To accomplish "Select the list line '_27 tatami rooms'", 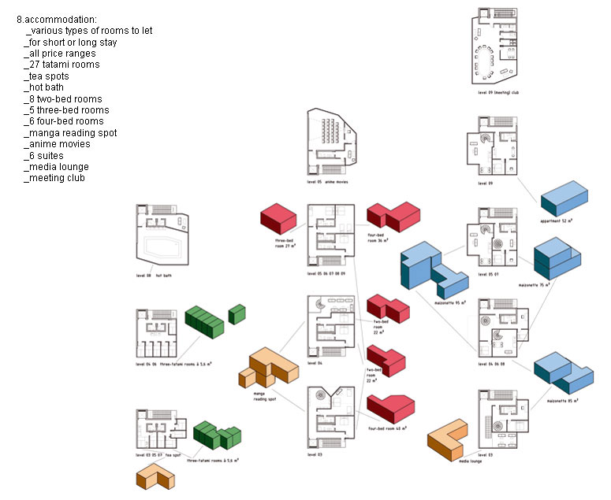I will [x=62, y=65].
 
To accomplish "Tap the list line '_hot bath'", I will [x=45, y=87].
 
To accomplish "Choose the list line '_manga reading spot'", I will [x=71, y=133].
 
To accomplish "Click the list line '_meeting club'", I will [x=56, y=178].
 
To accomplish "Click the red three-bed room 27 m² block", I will [x=278, y=217].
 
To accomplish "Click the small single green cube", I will [x=236, y=313].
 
